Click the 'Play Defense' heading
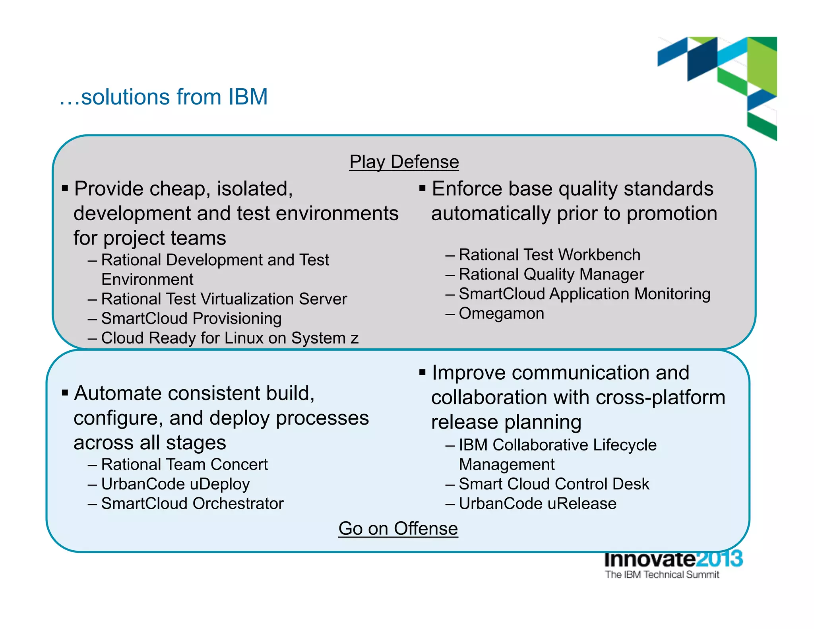pyautogui.click(x=404, y=162)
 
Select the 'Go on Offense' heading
pyautogui.click(x=398, y=528)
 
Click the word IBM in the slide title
pyautogui.click(x=248, y=97)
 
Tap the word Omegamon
pyautogui.click(x=501, y=313)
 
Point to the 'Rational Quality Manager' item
pyautogui.click(x=551, y=274)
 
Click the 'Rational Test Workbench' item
pyautogui.click(x=549, y=255)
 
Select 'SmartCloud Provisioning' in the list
pyautogui.click(x=191, y=318)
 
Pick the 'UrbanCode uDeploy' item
pyautogui.click(x=175, y=484)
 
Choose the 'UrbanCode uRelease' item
pyautogui.click(x=537, y=503)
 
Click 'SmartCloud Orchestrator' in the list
pyautogui.click(x=192, y=503)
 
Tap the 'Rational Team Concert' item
pyautogui.click(x=184, y=464)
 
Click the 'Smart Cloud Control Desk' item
pyautogui.click(x=554, y=484)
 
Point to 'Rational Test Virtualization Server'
pyautogui.click(x=224, y=299)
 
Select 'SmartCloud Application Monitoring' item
pyautogui.click(x=584, y=294)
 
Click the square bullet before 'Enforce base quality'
pyautogui.click(x=422, y=188)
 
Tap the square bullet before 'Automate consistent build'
pyautogui.click(x=65, y=393)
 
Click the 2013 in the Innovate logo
pyautogui.click(x=719, y=559)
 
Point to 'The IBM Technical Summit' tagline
pyautogui.click(x=662, y=575)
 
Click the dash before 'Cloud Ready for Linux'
pyautogui.click(x=92, y=338)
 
